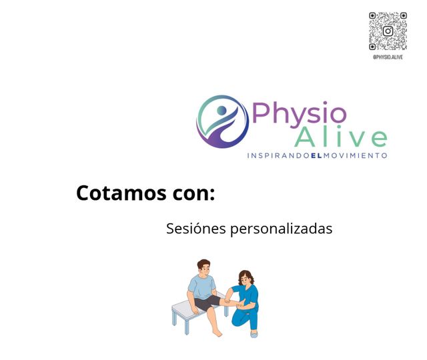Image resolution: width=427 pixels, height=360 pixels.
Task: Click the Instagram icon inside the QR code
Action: tap(388, 31)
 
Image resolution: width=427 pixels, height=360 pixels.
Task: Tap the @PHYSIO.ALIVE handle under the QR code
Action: tap(388, 57)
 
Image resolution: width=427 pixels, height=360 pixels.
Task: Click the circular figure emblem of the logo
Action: tap(222, 121)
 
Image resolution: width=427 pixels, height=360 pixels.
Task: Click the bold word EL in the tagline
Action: tap(316, 155)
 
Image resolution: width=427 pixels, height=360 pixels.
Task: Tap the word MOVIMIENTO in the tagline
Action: tap(355, 155)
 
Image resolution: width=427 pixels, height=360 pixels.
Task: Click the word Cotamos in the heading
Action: tap(121, 193)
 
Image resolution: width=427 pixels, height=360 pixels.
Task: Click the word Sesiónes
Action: tap(195, 229)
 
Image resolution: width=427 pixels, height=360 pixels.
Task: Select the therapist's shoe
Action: tap(254, 333)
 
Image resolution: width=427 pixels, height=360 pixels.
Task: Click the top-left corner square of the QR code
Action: tap(374, 16)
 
